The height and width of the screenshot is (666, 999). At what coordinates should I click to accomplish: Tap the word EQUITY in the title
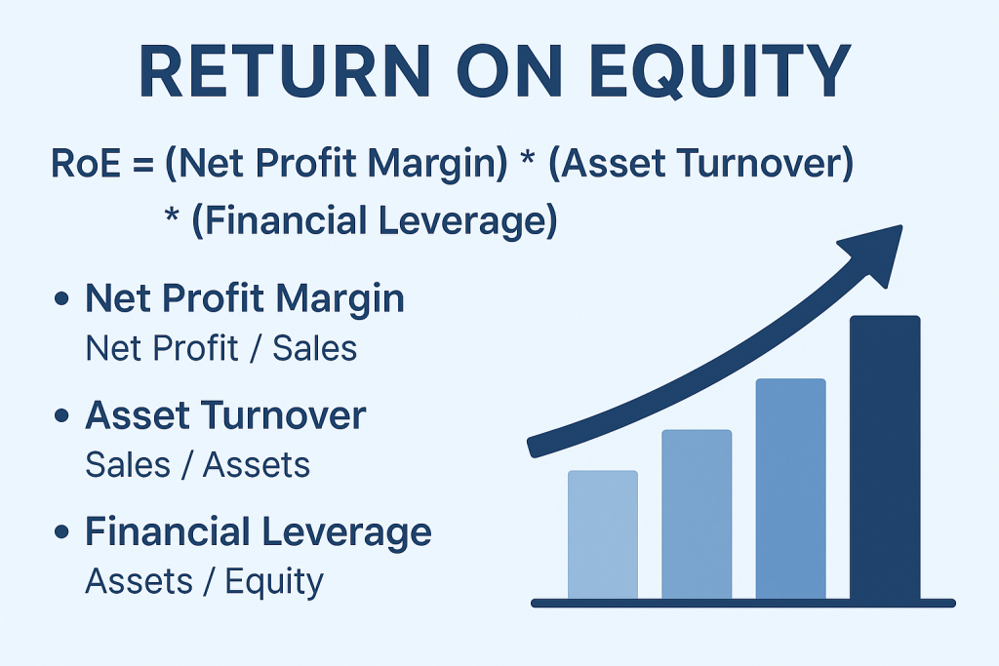point(721,71)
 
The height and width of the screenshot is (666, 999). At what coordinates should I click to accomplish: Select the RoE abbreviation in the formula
point(86,163)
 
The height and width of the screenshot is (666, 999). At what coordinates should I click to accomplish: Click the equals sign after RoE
point(143,164)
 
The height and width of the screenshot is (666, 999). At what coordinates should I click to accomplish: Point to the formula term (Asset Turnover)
point(700,163)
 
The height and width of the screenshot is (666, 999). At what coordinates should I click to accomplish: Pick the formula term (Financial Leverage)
point(375,221)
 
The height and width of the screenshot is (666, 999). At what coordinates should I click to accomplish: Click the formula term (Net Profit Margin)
point(337,164)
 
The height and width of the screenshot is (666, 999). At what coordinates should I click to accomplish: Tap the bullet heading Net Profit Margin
point(245,298)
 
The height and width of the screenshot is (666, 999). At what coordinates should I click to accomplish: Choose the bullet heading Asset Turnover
point(225,415)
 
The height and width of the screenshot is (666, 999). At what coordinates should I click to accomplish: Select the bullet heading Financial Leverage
point(258,532)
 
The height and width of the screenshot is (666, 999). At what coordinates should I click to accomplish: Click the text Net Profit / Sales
point(221,348)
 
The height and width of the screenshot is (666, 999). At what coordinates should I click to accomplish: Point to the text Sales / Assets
point(197,465)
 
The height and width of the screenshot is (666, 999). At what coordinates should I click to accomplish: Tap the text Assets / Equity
point(205,582)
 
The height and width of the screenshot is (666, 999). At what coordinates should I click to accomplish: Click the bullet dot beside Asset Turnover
point(61,415)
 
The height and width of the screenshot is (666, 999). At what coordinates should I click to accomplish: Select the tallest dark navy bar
point(885,457)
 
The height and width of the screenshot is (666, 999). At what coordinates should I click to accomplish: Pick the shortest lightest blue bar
point(603,535)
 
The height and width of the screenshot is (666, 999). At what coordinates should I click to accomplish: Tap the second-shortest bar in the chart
point(697,515)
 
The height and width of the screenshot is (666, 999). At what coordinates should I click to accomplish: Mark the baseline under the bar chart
point(742,603)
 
